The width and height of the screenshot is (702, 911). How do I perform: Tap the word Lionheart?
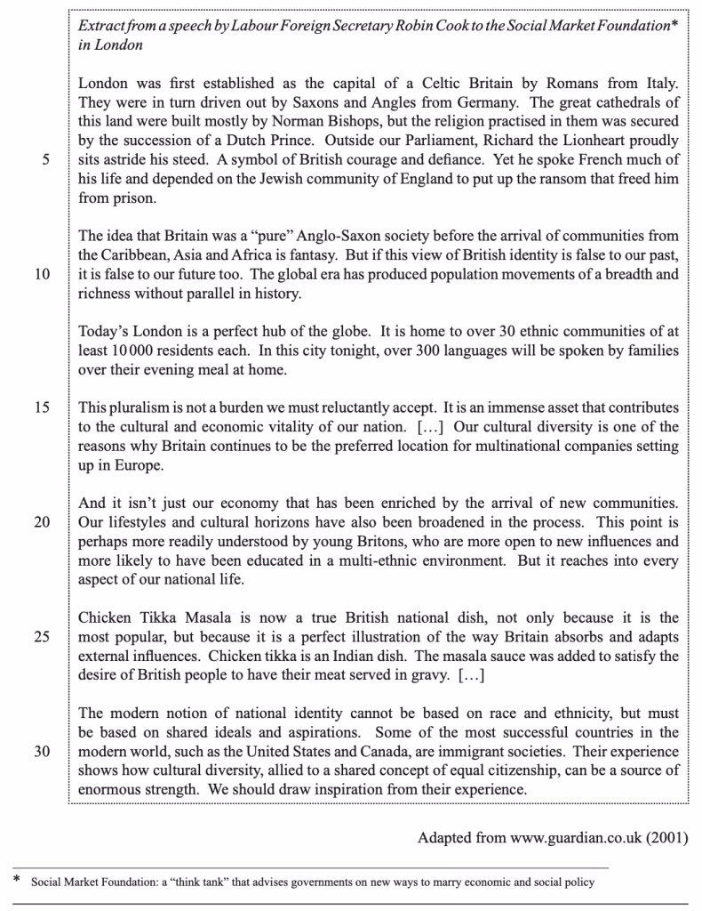598,141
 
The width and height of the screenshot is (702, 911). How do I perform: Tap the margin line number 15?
42,407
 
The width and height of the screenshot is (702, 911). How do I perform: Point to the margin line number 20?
42,522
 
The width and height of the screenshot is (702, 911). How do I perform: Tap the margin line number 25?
42,637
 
